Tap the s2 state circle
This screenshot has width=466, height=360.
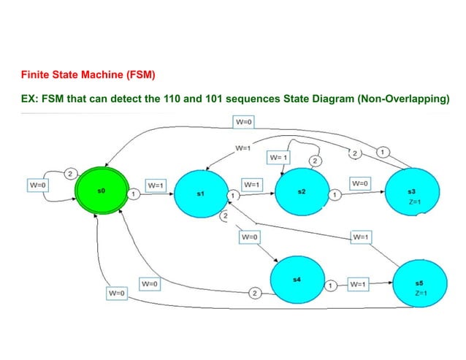(301, 193)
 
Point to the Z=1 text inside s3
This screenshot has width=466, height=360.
(414, 201)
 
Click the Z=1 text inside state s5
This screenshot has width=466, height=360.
(420, 292)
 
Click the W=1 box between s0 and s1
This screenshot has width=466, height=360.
(156, 185)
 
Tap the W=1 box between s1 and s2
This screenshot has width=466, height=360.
(252, 185)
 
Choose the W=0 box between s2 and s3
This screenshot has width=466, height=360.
(360, 183)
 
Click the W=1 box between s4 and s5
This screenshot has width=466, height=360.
(358, 283)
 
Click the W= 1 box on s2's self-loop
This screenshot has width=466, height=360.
(278, 157)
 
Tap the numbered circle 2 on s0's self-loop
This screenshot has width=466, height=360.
(70, 173)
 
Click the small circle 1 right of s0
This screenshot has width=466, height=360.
(135, 194)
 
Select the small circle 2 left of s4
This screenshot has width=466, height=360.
(254, 293)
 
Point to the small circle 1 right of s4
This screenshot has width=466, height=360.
(331, 285)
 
